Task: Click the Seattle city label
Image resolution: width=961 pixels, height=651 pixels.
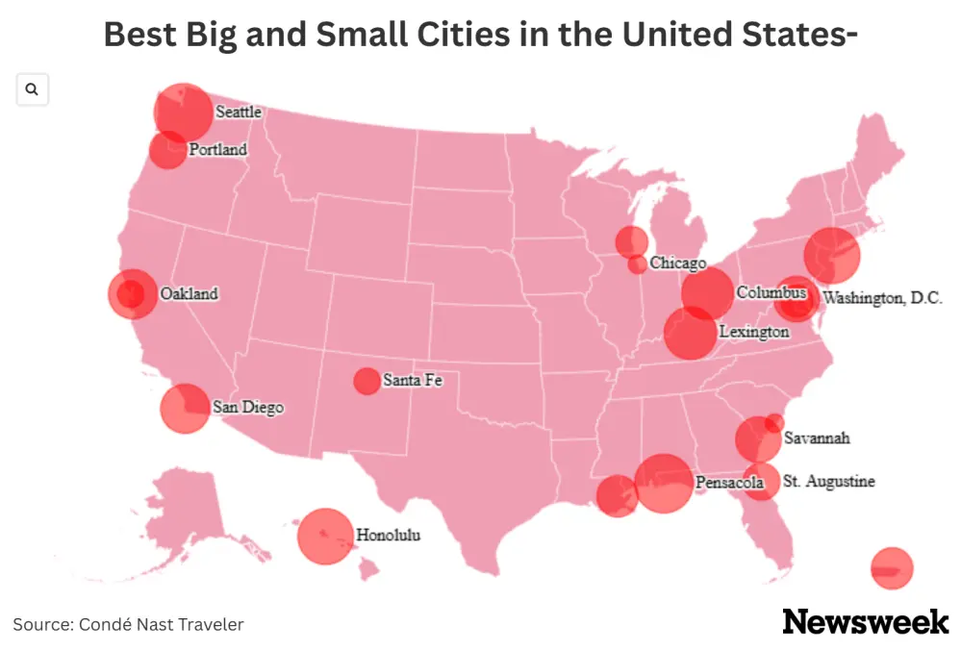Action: pos(238,112)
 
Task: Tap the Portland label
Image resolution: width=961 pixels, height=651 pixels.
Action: pos(217,150)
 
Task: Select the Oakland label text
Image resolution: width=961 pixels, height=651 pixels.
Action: pos(189,294)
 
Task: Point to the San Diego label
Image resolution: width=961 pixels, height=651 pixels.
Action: pos(248,408)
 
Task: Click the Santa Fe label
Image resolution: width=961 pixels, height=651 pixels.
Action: pos(413,381)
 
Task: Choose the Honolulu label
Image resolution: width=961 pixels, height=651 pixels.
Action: pos(389,535)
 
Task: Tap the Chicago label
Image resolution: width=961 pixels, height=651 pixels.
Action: pos(677,263)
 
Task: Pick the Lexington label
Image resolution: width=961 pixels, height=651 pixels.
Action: pos(754,332)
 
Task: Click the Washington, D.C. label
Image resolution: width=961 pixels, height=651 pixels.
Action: pos(883,298)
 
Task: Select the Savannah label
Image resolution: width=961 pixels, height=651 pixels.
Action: pos(817,438)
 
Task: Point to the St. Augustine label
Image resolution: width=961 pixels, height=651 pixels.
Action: pos(829,481)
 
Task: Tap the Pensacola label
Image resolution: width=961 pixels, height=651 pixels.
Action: pos(729,483)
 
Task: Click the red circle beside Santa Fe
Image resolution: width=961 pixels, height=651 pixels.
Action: pos(367,381)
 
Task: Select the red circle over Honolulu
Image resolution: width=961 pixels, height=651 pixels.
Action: pos(325,536)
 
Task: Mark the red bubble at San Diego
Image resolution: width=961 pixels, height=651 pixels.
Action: pos(185,408)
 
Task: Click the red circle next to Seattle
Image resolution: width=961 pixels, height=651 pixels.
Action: pos(184,113)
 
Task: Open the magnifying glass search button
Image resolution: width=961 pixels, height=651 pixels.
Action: pos(32,89)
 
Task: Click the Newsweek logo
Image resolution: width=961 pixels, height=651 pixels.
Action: pos(866,622)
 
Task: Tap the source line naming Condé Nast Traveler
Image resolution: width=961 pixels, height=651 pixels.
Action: pos(128,625)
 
